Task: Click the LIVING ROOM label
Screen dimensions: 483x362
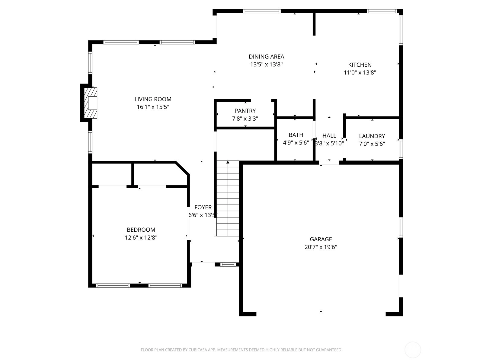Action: point(153,99)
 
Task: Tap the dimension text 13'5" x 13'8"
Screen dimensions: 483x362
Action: point(266,64)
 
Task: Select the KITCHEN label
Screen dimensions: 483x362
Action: point(360,65)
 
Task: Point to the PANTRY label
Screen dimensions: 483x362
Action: point(245,111)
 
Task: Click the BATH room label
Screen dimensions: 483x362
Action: point(296,135)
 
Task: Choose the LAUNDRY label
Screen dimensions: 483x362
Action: point(372,136)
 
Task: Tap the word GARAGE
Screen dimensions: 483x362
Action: point(321,239)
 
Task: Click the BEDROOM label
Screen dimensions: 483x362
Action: point(141,230)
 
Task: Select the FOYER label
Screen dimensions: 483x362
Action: point(203,207)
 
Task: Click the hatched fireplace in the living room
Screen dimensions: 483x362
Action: point(91,103)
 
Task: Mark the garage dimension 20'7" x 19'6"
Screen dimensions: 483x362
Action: point(321,247)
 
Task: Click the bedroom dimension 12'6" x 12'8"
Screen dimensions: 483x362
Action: point(141,238)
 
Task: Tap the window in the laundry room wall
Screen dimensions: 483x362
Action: point(401,149)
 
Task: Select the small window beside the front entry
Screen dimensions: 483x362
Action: point(228,265)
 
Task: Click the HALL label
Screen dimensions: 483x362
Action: point(329,136)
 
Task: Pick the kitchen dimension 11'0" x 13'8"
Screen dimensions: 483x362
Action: point(360,72)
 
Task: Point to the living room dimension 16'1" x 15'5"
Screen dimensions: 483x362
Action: point(153,107)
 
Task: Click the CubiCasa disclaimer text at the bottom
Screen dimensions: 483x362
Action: point(241,350)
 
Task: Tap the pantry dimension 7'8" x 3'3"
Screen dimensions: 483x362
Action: point(245,119)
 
